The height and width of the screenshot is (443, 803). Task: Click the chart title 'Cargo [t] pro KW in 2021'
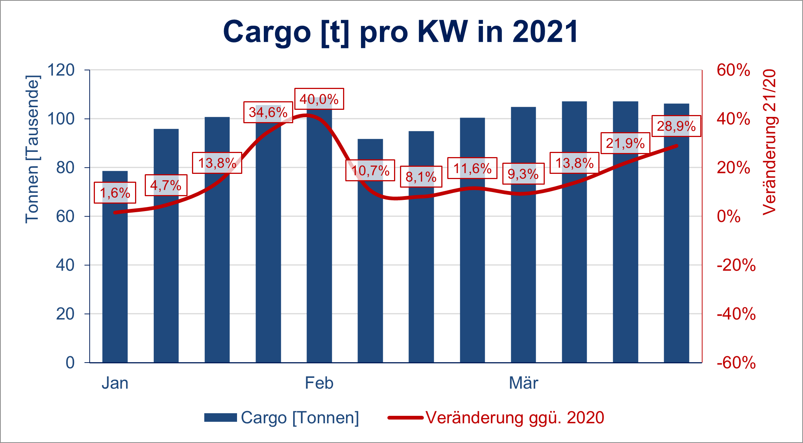click(401, 32)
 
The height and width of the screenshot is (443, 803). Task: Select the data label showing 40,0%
click(319, 99)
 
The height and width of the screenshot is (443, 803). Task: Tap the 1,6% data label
click(115, 193)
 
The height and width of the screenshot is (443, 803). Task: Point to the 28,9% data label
click(676, 126)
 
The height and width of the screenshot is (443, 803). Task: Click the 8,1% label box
click(421, 177)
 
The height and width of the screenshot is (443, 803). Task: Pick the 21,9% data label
click(625, 143)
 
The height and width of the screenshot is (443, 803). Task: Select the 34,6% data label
click(268, 112)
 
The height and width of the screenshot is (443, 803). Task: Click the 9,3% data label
click(523, 174)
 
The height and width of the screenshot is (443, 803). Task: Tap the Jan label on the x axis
click(115, 383)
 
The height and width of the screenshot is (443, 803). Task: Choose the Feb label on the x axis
click(319, 383)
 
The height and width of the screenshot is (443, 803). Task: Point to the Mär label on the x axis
click(523, 383)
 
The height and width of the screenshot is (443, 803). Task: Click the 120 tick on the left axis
click(61, 70)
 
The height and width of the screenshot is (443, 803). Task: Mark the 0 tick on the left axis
click(70, 363)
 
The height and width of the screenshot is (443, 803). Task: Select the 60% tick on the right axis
click(733, 70)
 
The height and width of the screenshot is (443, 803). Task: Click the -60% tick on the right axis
click(736, 363)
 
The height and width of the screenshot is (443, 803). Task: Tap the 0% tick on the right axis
click(729, 216)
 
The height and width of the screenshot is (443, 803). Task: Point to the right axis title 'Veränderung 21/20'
click(770, 142)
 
